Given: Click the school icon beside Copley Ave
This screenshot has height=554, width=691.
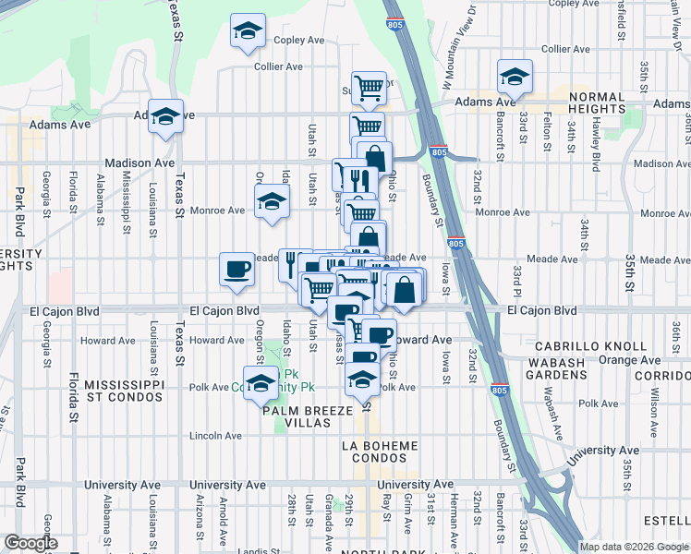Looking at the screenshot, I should [x=248, y=30].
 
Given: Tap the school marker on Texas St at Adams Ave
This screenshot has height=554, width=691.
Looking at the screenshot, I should [x=166, y=116].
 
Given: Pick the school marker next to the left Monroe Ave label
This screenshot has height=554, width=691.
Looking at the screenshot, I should [x=271, y=199].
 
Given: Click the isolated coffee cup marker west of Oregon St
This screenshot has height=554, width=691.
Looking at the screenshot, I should [x=237, y=270].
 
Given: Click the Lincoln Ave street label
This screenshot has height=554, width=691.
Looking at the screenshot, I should [x=215, y=435].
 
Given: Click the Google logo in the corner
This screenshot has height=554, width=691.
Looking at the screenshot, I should [x=30, y=543].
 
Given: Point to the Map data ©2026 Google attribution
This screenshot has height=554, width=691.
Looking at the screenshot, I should [x=633, y=547].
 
